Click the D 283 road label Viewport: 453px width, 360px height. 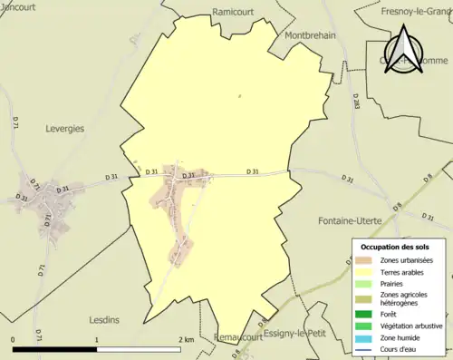[x=355, y=105]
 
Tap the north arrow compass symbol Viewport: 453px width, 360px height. [x=406, y=48]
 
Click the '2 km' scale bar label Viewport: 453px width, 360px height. [x=187, y=339]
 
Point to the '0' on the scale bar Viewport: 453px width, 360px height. [x=14, y=339]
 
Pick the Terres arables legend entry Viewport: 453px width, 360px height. [x=402, y=271]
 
